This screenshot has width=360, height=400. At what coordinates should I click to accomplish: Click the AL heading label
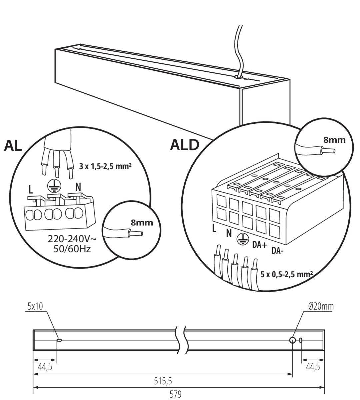click(13, 146)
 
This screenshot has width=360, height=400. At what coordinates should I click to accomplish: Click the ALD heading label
click(184, 145)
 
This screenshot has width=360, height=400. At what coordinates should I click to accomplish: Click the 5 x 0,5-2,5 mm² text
click(287, 274)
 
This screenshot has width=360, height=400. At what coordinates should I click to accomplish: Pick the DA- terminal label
click(277, 251)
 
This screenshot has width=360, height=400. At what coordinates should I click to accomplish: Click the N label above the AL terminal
click(78, 187)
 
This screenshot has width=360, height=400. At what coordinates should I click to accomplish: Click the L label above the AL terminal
click(31, 190)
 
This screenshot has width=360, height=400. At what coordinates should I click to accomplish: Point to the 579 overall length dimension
click(175, 394)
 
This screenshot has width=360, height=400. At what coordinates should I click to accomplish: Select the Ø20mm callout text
click(321, 306)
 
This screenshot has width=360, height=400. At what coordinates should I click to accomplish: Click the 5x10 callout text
click(35, 306)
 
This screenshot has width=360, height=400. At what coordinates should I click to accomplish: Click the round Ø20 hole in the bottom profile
click(292, 340)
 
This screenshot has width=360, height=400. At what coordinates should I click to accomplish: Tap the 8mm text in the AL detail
click(142, 222)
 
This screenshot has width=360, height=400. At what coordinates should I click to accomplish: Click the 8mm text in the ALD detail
click(334, 140)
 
